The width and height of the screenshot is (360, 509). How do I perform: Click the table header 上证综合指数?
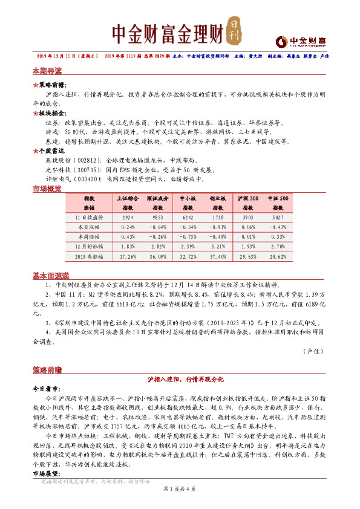128,203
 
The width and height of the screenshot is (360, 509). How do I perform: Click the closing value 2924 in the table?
128,216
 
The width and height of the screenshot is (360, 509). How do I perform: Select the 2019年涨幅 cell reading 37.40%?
217,257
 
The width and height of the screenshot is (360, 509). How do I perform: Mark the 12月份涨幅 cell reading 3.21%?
217,247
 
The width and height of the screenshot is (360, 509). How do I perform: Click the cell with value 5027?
278,216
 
